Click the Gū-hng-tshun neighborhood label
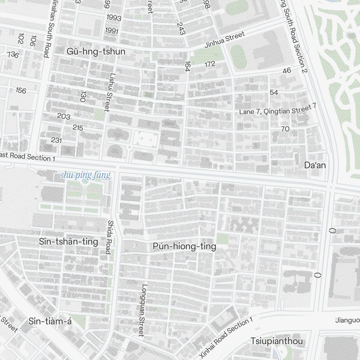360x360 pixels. pyautogui.click(x=96, y=51)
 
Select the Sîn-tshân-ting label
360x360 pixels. pyautogui.click(x=68, y=242)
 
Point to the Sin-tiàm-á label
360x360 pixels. pyautogui.click(x=50, y=321)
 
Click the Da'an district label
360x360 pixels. pyautogui.click(x=315, y=165)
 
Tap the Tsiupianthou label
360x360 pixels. pyautogui.click(x=277, y=341)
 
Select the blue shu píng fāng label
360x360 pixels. pyautogui.click(x=85, y=176)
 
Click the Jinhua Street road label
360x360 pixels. pyautogui.click(x=224, y=40)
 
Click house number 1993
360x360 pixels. pyautogui.click(x=114, y=18)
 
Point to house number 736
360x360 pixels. pyautogui.click(x=13, y=55)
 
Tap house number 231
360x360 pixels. pyautogui.click(x=56, y=140)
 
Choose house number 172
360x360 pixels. pyautogui.click(x=210, y=64)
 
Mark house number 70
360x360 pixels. pyautogui.click(x=285, y=129)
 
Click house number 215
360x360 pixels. pyautogui.click(x=78, y=127)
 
